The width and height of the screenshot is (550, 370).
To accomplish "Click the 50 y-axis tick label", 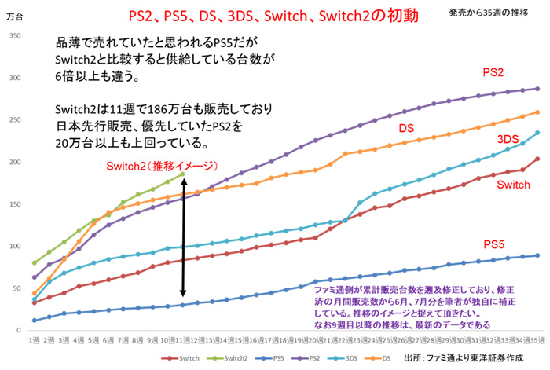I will click(x=15, y=288).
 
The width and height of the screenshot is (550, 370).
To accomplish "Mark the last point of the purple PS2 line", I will click(x=537, y=89).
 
